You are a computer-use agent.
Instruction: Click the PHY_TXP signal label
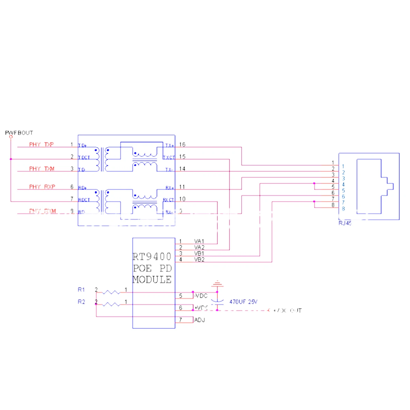(x=41, y=144)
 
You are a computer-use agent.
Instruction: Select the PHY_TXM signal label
(x=42, y=169)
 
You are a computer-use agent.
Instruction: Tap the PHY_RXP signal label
(x=42, y=187)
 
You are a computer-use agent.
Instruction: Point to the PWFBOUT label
(x=19, y=133)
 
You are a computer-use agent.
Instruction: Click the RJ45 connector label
(x=345, y=223)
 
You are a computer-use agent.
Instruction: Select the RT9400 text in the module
(x=152, y=257)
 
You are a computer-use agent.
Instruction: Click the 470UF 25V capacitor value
(x=243, y=302)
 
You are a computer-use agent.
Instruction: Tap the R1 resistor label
(x=81, y=290)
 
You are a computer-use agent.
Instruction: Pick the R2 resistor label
(x=81, y=302)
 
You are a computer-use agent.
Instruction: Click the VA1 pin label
(x=199, y=241)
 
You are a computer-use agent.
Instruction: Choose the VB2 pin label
(x=199, y=260)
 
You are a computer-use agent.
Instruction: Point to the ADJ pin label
(x=199, y=320)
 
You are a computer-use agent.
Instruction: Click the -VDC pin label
(x=201, y=296)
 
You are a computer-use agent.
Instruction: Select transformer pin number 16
(x=182, y=144)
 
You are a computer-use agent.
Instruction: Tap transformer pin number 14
(x=182, y=169)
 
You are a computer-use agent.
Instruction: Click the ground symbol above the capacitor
(x=217, y=284)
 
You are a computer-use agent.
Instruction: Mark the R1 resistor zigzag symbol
(x=111, y=292)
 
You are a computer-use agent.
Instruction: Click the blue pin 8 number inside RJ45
(x=343, y=208)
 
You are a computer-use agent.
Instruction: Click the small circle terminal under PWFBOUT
(x=11, y=137)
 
